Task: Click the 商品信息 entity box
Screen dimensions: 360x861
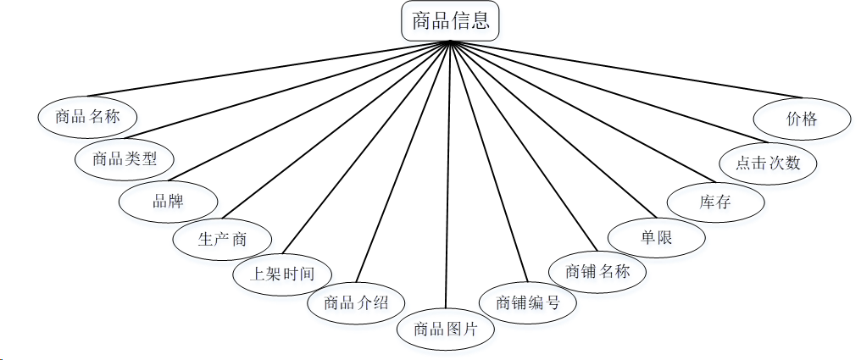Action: coord(450,21)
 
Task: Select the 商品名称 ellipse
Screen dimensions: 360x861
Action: coord(87,117)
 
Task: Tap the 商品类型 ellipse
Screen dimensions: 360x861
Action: coord(124,158)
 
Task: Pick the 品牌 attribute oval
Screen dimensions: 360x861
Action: coord(168,202)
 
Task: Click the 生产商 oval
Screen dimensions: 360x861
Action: coord(222,239)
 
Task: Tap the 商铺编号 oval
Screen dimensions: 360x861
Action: coord(527,302)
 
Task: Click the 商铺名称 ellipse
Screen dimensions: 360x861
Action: coord(597,272)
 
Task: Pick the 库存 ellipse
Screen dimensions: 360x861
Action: coord(715,202)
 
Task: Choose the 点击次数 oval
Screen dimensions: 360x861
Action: coord(768,161)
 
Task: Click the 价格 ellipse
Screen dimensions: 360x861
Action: coord(802,119)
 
